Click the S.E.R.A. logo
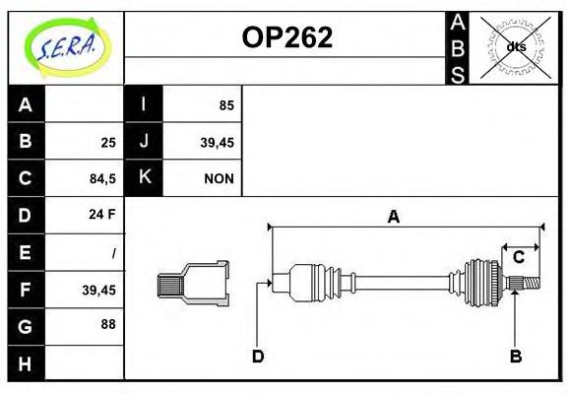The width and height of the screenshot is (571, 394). [x=65, y=46]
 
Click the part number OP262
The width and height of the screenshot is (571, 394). [x=286, y=37]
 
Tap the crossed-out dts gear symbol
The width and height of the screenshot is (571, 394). [x=515, y=46]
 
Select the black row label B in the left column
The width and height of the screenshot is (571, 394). [x=26, y=142]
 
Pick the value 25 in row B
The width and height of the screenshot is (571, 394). [x=107, y=143]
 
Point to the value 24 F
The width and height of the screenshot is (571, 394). [x=102, y=215]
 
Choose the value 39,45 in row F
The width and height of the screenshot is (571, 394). [x=98, y=289]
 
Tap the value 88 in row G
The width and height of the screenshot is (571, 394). [x=107, y=324]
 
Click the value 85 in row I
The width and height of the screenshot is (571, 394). [x=225, y=105]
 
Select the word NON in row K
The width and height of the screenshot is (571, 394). [x=219, y=179]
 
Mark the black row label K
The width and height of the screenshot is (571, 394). [x=144, y=178]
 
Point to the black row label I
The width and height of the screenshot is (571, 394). [x=144, y=105]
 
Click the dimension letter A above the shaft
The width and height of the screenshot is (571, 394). [x=393, y=218]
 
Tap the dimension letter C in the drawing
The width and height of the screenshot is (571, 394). [x=518, y=258]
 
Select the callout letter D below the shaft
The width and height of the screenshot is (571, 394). [x=258, y=357]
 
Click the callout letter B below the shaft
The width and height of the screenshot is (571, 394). [x=515, y=357]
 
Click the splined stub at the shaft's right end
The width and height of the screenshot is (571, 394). [x=529, y=285]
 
